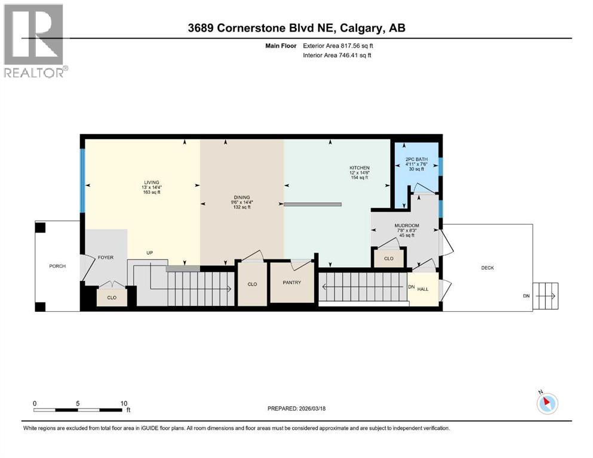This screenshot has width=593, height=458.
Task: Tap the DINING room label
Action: tap(242, 197)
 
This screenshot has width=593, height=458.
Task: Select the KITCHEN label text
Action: tap(360, 168)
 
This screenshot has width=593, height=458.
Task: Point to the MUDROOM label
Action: tap(407, 226)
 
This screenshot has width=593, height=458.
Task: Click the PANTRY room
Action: tap(291, 283)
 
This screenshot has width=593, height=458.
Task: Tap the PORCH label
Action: tap(57, 266)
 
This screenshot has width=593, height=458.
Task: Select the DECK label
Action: tap(487, 268)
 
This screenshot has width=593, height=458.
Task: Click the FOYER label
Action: tap(105, 258)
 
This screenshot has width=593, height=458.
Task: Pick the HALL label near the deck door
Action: tap(423, 289)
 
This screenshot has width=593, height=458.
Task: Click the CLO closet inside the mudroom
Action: tap(389, 259)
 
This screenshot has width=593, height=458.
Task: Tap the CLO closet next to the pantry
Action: tap(252, 284)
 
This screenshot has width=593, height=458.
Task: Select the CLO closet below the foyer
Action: tap(112, 296)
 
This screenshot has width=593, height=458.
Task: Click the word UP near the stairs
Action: tap(150, 253)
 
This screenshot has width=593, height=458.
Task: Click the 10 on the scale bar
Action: tap(124, 403)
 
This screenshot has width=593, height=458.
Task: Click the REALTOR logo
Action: tap(35, 41)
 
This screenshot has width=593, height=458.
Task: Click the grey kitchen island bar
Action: tap(312, 204)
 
